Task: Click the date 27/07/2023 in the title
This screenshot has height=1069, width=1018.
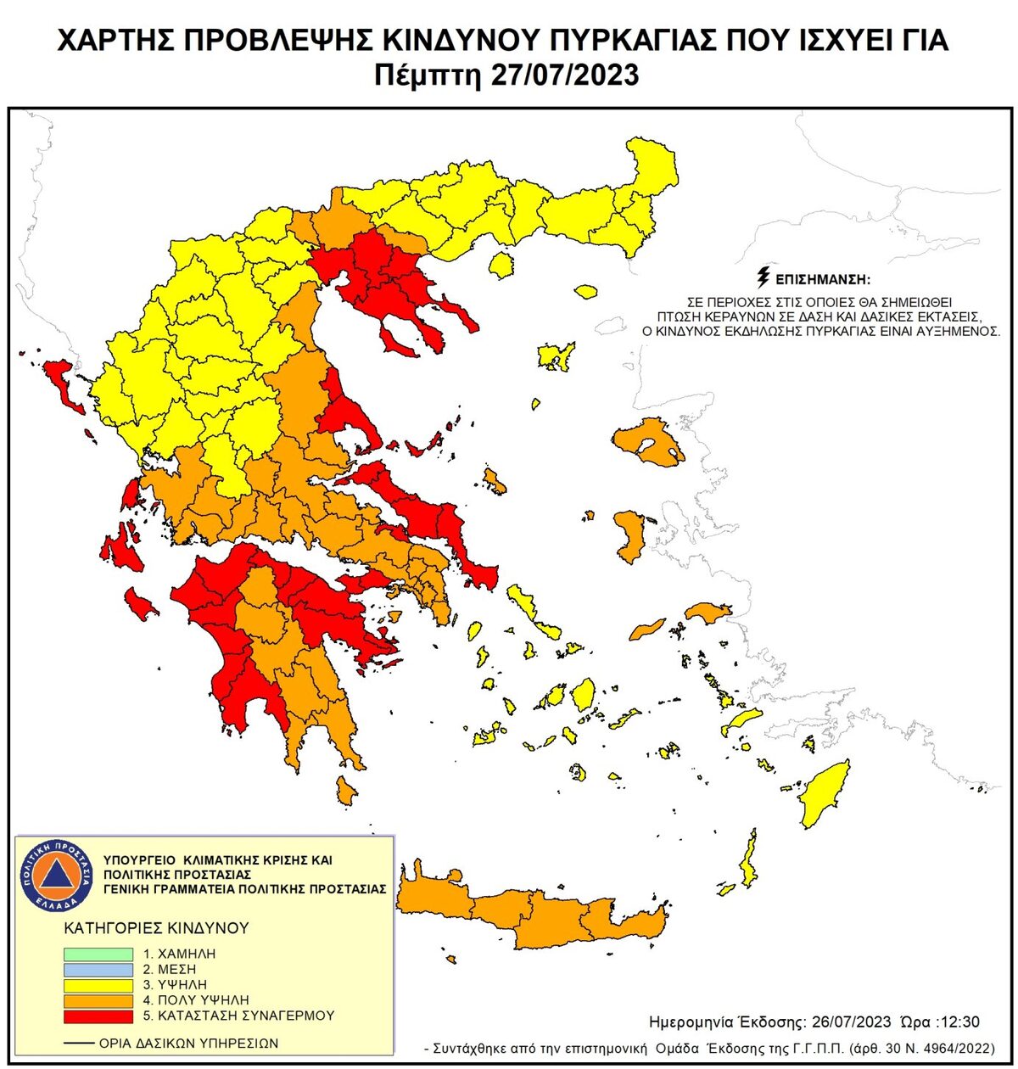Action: tap(564, 75)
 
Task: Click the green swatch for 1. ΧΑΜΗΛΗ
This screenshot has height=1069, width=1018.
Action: tap(98, 954)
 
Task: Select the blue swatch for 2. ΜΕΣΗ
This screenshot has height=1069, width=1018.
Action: tap(98, 970)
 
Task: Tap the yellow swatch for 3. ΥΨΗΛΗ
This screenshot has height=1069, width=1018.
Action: tap(98, 985)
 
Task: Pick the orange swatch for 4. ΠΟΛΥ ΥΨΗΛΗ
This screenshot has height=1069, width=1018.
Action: tap(98, 1000)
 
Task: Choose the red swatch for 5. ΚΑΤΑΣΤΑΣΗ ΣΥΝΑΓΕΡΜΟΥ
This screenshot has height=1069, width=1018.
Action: tap(98, 1016)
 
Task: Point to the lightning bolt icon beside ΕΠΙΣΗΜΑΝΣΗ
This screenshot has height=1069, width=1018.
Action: tap(763, 277)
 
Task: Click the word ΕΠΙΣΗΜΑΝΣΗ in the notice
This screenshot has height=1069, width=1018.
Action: tap(824, 279)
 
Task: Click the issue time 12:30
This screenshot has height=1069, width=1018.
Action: tap(960, 1021)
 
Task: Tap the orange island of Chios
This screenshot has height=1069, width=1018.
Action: tap(630, 535)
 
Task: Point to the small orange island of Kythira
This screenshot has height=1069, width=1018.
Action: tap(345, 792)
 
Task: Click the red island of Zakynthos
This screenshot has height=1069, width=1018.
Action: tap(141, 604)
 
